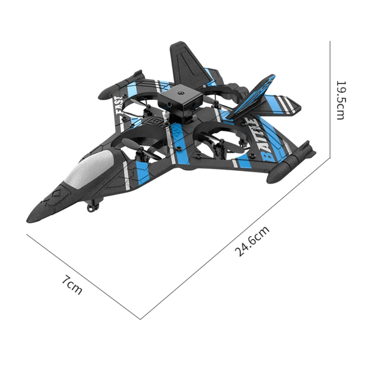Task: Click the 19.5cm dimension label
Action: tap(340, 100)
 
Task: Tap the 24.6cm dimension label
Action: tap(252, 241)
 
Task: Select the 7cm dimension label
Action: tap(72, 285)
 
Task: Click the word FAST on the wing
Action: tap(119, 106)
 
